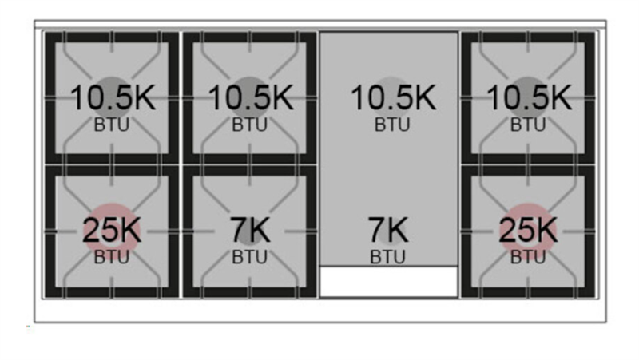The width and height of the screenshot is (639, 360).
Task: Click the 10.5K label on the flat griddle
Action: tap(393, 98)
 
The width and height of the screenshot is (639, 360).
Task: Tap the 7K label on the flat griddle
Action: tap(387, 231)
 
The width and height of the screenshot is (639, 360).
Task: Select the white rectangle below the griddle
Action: tap(389, 282)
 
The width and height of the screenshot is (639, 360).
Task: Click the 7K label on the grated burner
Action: tap(250, 231)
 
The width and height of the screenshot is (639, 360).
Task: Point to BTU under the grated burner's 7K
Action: tap(250, 257)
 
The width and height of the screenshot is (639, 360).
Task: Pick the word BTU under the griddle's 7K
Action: tap(387, 257)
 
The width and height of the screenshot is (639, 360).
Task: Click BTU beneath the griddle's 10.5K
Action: tap(392, 125)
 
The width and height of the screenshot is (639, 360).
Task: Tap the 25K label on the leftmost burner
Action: tap(112, 231)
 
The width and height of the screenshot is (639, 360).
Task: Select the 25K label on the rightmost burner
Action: tap(528, 231)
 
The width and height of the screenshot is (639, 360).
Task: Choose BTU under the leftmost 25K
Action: tap(112, 257)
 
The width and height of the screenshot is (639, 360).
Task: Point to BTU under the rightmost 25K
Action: tap(528, 257)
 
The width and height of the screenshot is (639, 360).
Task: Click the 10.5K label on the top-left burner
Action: tap(113, 98)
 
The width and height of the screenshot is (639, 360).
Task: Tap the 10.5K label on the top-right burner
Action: tap(529, 98)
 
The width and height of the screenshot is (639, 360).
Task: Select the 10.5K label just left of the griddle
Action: tap(251, 98)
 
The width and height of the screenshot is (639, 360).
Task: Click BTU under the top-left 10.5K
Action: tap(112, 125)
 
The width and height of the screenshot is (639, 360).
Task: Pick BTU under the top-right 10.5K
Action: tap(528, 125)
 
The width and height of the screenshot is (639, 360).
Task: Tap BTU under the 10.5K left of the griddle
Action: tap(250, 125)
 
